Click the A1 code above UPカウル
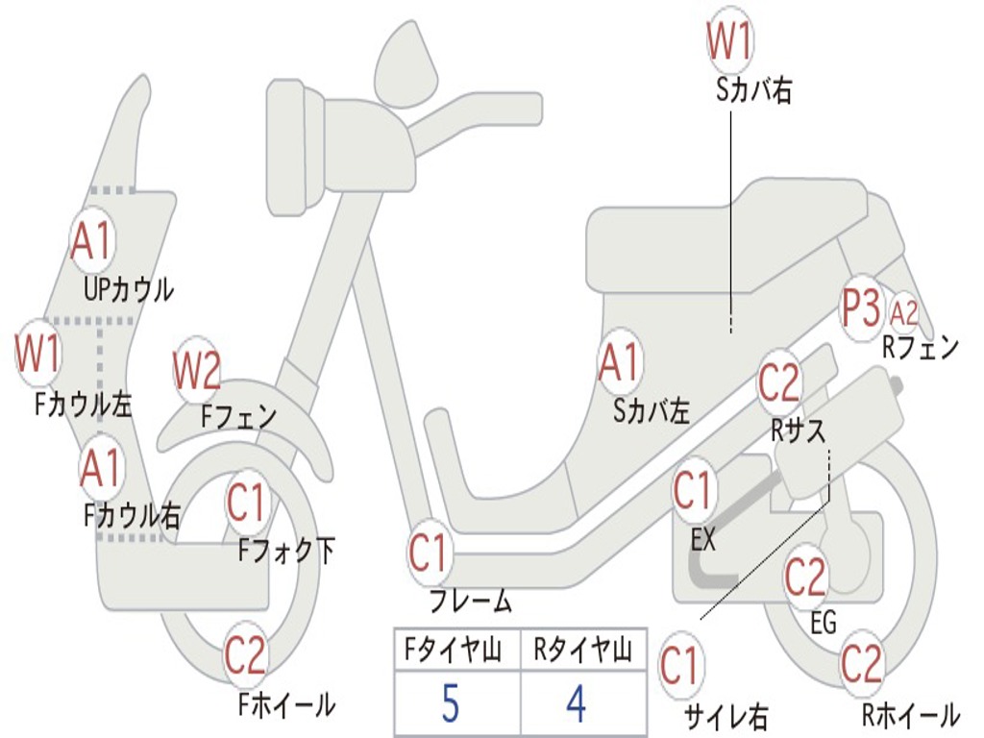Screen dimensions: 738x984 tap(92, 241)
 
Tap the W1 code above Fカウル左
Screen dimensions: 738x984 tap(38, 354)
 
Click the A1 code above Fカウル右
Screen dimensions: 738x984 tap(101, 468)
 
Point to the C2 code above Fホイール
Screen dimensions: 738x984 tap(245, 655)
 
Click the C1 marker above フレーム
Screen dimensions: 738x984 tap(430, 553)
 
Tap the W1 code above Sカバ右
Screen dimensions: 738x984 tap(730, 42)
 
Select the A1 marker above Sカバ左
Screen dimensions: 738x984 tap(619, 363)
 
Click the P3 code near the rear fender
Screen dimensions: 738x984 tap(860, 309)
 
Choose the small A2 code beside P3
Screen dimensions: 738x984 tap(904, 312)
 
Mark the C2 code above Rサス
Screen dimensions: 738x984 tap(779, 382)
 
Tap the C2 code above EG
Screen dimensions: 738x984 tap(805, 577)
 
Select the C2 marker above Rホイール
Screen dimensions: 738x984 tap(861, 663)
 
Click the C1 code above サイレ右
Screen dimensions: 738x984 tap(680, 666)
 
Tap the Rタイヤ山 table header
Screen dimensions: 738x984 tap(582, 651)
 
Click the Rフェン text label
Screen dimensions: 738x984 tap(921, 348)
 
